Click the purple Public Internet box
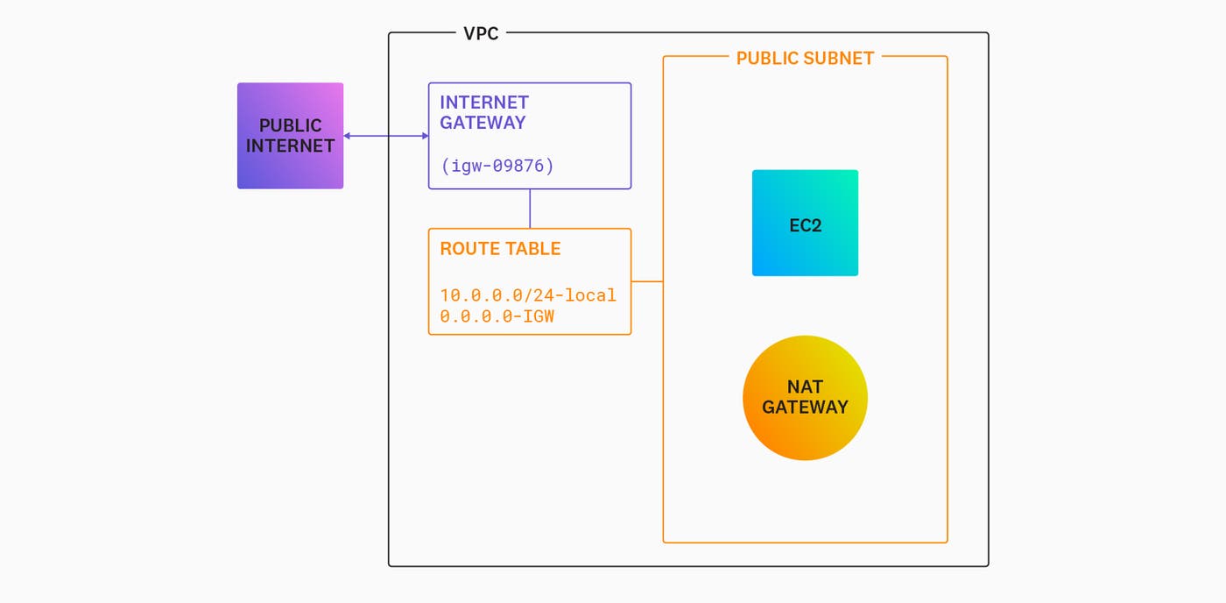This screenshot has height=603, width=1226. click(x=290, y=136)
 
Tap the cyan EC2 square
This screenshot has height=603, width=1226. click(x=805, y=223)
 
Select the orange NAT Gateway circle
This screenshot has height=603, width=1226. click(x=805, y=398)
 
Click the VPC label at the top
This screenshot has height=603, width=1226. click(x=481, y=34)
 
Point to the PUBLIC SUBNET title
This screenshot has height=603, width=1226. click(x=805, y=59)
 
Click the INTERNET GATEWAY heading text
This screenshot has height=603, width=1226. click(x=484, y=113)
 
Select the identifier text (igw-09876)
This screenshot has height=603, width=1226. click(x=497, y=166)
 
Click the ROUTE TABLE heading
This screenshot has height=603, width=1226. click(x=500, y=249)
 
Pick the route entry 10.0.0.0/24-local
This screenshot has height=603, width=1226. click(x=528, y=295)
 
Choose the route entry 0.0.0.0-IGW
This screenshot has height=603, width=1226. click(x=497, y=316)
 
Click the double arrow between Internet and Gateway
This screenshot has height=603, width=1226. click(x=385, y=136)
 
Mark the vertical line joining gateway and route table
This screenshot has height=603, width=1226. click(x=530, y=209)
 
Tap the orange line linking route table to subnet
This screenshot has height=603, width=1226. click(x=647, y=281)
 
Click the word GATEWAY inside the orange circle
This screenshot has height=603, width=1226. click(x=805, y=408)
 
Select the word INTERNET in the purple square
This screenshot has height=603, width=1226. click(x=290, y=146)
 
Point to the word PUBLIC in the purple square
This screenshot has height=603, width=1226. click(x=290, y=126)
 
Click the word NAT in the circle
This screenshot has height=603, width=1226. click(x=805, y=387)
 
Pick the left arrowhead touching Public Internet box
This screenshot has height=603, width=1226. click(x=348, y=136)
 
